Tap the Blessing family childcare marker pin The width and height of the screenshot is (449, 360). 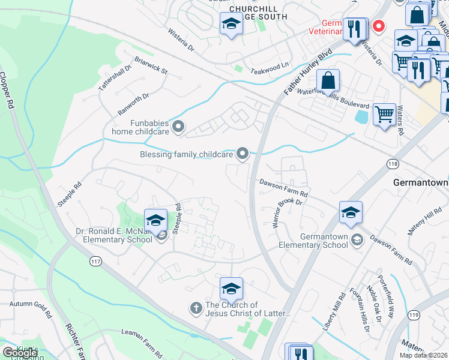pyautogui.click(x=243, y=154)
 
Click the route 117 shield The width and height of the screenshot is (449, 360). pyautogui.click(x=95, y=261)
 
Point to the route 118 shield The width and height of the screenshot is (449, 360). pyautogui.click(x=393, y=163)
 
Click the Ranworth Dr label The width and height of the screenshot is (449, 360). pyautogui.click(x=133, y=103)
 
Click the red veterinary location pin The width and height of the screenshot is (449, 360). pyautogui.click(x=378, y=26)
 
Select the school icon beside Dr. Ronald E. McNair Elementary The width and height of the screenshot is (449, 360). pyautogui.click(x=155, y=220)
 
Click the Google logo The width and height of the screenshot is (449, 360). pyautogui.click(x=20, y=353)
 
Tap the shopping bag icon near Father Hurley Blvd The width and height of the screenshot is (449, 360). pyautogui.click(x=328, y=80)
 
